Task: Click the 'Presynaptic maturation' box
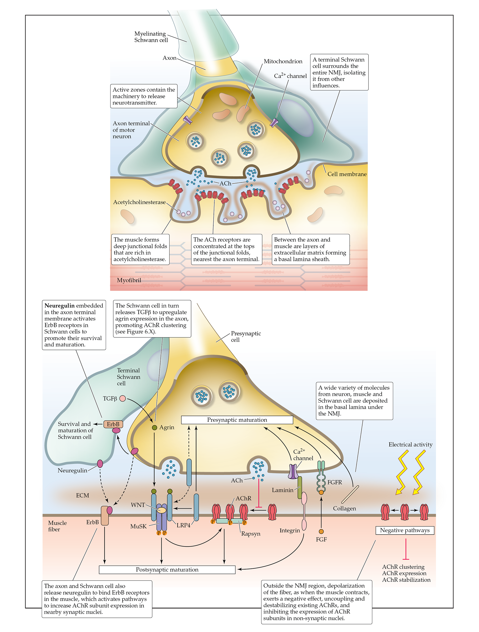pyautogui.click(x=237, y=420)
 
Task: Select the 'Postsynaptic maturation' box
pyautogui.click(x=167, y=569)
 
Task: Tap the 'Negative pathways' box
pyautogui.click(x=405, y=530)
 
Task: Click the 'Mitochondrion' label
pyautogui.click(x=283, y=61)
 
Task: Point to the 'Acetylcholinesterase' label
pyautogui.click(x=139, y=202)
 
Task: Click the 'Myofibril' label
pyautogui.click(x=129, y=280)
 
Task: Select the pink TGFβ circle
pyautogui.click(x=122, y=398)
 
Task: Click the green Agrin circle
pyautogui.click(x=154, y=427)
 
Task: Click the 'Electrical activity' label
pyautogui.click(x=410, y=445)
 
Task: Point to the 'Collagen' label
pyautogui.click(x=344, y=508)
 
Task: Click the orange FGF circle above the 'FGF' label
pyautogui.click(x=321, y=531)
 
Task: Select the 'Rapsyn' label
pyautogui.click(x=250, y=534)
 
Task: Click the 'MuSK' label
pyautogui.click(x=138, y=526)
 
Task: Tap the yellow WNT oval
pyautogui.click(x=162, y=510)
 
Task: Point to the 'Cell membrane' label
pyautogui.click(x=347, y=174)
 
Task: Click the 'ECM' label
pyautogui.click(x=82, y=495)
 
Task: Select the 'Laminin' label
pyautogui.click(x=283, y=490)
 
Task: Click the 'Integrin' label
pyautogui.click(x=290, y=531)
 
